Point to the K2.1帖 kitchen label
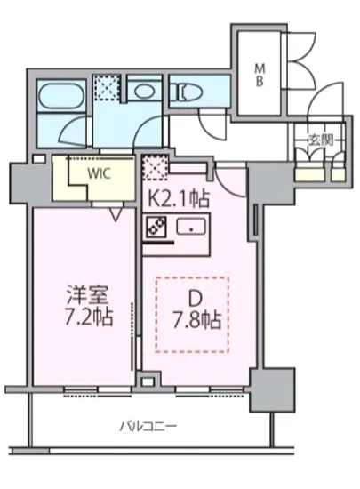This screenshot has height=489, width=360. [180, 198]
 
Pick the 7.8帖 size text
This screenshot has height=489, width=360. [196, 319]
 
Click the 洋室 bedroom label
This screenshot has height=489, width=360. [85, 293]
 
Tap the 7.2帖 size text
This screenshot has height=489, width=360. [85, 317]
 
